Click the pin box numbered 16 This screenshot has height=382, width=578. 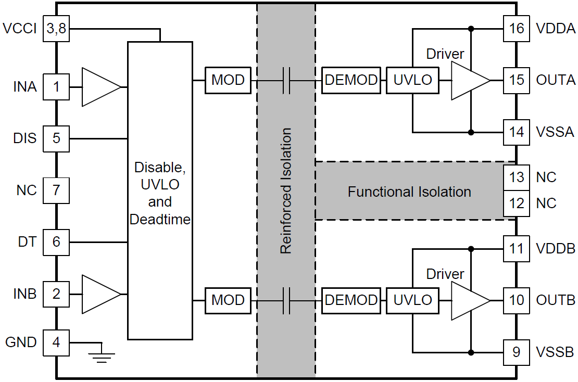tap(516, 28)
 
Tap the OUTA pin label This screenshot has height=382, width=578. tap(556, 80)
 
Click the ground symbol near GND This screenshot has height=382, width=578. tap(101, 354)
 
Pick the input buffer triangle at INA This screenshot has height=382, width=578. tap(100, 86)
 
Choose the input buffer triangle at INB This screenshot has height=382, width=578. tap(100, 294)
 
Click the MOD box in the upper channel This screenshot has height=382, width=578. tap(228, 80)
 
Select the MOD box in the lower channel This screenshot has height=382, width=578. tap(228, 300)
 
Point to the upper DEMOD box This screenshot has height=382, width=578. tap(350, 80)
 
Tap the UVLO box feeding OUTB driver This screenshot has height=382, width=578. tap(412, 300)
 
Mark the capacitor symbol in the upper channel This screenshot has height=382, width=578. tap(286, 80)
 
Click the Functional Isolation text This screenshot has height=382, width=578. tap(409, 192)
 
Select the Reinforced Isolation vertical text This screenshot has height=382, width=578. tap(286, 190)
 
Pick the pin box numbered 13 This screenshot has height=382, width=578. tap(516, 177)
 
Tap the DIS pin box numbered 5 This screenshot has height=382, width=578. tap(56, 138)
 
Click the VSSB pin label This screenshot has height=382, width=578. tap(555, 352)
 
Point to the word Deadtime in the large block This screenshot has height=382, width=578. tap(160, 220)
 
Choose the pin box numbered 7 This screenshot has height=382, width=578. tap(56, 190)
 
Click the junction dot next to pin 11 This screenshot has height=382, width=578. tap(471, 248)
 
